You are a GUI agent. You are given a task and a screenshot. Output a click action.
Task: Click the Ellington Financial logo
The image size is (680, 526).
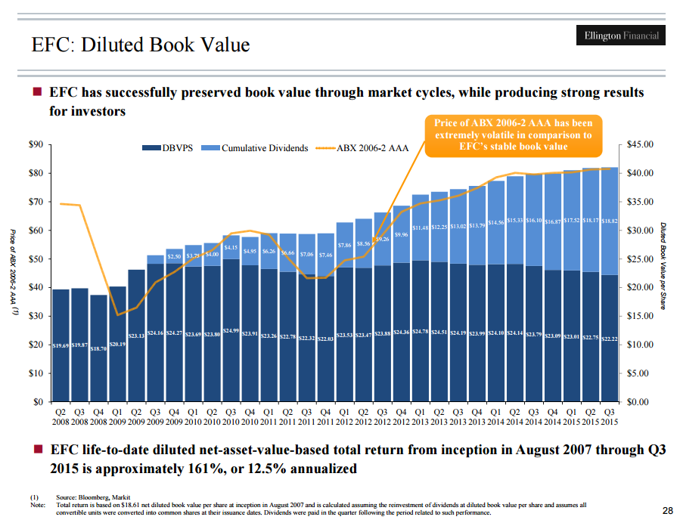(622, 36)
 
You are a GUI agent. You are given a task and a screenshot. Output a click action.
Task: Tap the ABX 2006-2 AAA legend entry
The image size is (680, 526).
(362, 148)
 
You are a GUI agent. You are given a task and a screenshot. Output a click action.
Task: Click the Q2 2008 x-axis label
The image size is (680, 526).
(61, 416)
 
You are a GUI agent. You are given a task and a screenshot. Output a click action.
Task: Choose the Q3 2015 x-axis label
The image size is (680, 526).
(610, 416)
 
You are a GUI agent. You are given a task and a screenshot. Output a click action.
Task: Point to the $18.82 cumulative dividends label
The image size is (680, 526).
(610, 221)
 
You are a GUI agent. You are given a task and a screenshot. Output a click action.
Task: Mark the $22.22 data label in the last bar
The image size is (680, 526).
(610, 339)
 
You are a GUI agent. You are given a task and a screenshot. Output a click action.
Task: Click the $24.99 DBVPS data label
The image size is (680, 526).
(231, 330)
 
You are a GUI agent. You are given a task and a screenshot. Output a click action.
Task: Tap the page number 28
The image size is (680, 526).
(666, 510)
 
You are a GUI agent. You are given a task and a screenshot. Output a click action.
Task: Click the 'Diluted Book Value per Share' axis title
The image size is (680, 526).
(662, 265)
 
